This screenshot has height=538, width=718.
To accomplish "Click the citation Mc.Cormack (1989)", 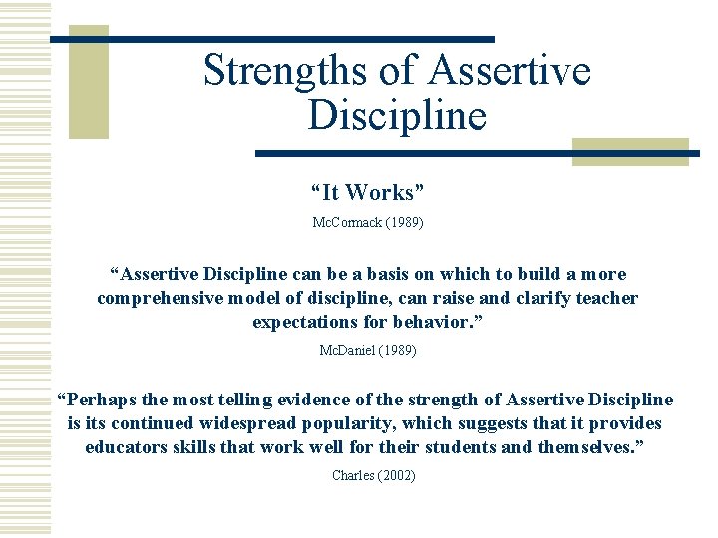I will click(x=368, y=223).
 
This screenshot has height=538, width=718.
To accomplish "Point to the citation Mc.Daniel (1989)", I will click(x=368, y=351).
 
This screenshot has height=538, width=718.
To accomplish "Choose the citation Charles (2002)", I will click(x=373, y=475).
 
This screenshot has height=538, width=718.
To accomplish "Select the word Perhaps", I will click(x=101, y=400).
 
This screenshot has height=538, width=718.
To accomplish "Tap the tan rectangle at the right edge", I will click(x=630, y=151).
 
